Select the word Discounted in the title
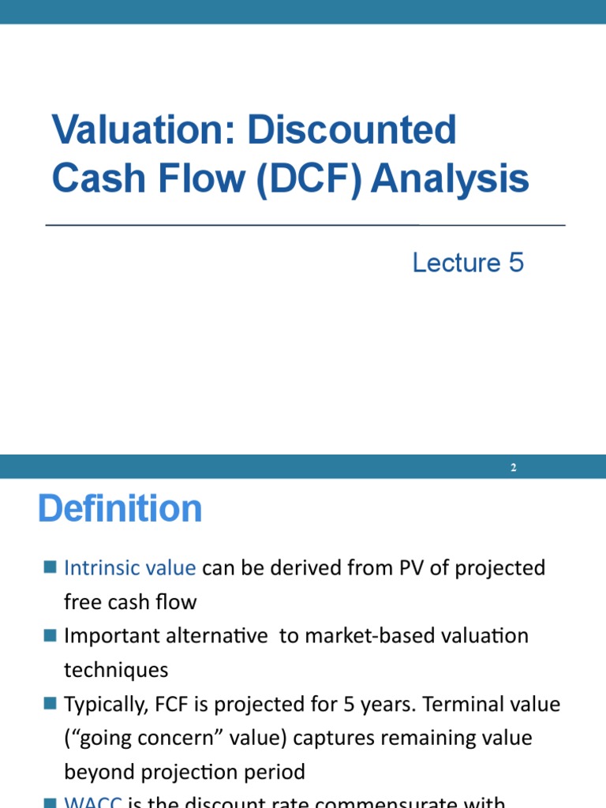click(x=352, y=130)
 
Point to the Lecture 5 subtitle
click(x=468, y=263)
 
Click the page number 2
click(x=513, y=467)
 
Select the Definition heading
click(x=120, y=509)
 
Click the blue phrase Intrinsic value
click(x=129, y=568)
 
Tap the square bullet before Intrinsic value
click(x=50, y=567)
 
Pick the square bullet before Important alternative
click(x=50, y=634)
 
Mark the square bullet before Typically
click(x=50, y=702)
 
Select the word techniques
click(x=116, y=670)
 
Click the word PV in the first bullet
click(x=367, y=568)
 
